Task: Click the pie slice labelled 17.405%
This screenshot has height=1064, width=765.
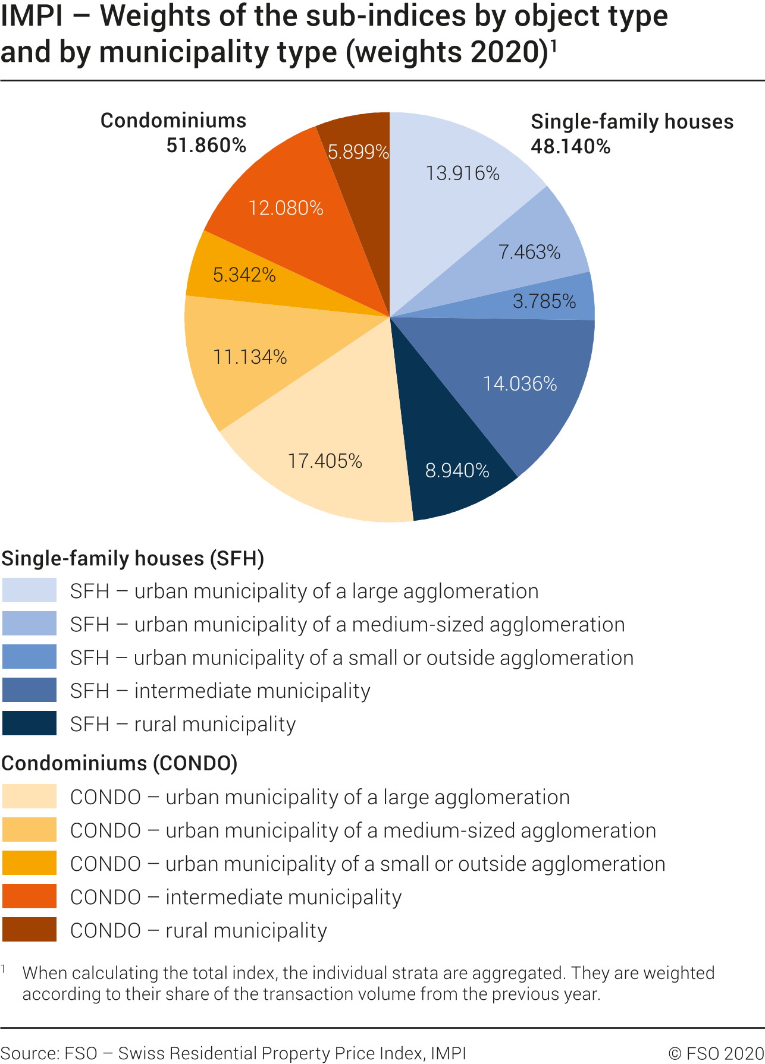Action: pyautogui.click(x=324, y=461)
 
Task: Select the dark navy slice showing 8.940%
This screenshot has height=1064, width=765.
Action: pyautogui.click(x=457, y=471)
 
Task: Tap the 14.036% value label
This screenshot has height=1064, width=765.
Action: pyautogui.click(x=520, y=384)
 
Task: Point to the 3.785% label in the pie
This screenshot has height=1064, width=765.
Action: pyautogui.click(x=544, y=301)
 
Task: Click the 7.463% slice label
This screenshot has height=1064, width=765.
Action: pyautogui.click(x=529, y=252)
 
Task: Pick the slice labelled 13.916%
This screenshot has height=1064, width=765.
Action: pyautogui.click(x=462, y=173)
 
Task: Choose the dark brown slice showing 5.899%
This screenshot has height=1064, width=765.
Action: pyautogui.click(x=358, y=152)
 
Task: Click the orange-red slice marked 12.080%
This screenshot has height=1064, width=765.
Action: pyautogui.click(x=286, y=208)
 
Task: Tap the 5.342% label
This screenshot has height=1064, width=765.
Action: pyautogui.click(x=244, y=275)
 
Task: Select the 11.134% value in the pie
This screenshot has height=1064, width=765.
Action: pyautogui.click(x=250, y=357)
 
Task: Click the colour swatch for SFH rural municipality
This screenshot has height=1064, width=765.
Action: pyautogui.click(x=29, y=723)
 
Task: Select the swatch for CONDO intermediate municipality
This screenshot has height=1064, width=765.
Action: pyautogui.click(x=29, y=896)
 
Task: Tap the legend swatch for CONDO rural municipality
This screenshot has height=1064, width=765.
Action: pyautogui.click(x=29, y=930)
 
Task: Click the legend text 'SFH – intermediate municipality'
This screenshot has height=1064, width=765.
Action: pyautogui.click(x=220, y=691)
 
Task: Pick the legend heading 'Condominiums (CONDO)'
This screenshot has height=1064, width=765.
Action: pyautogui.click(x=120, y=763)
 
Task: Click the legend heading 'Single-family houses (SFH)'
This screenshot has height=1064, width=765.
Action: pyautogui.click(x=133, y=558)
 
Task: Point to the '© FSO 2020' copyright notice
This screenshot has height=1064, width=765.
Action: pyautogui.click(x=716, y=1053)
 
